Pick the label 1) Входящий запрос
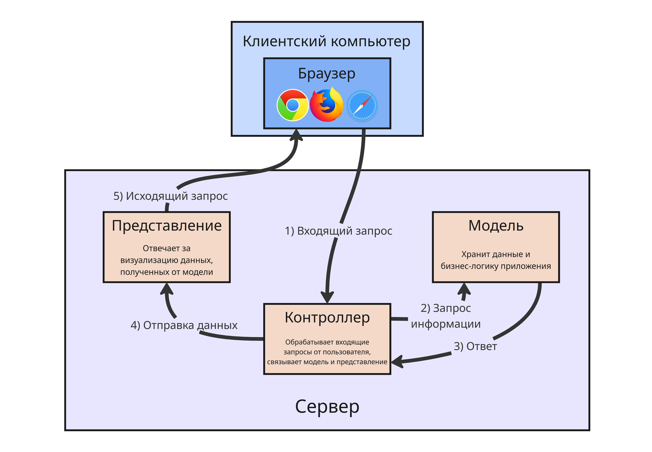pyautogui.click(x=338, y=231)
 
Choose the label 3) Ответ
pyautogui.click(x=475, y=346)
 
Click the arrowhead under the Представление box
pyautogui.click(x=167, y=289)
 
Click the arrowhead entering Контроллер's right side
pyautogui.click(x=397, y=362)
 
